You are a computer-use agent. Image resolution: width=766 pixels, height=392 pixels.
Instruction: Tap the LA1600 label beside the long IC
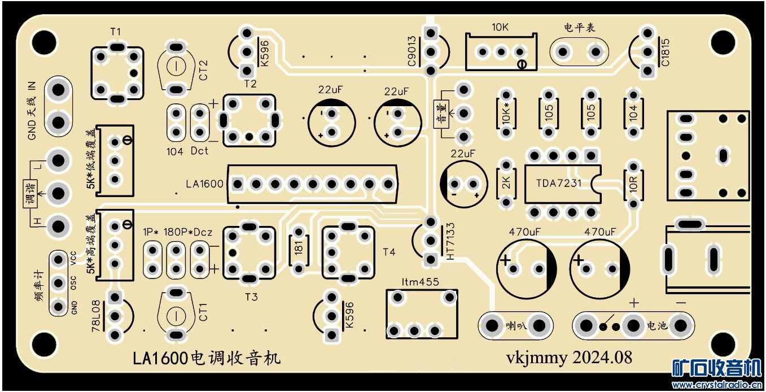click(x=205, y=184)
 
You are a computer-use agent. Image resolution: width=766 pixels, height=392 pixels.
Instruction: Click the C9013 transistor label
click(x=412, y=51)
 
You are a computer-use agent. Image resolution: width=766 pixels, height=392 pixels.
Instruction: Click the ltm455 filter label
click(x=420, y=281)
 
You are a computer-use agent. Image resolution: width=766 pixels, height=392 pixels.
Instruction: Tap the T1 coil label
click(x=116, y=32)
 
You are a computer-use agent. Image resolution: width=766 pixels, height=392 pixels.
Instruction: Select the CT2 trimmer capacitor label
click(x=204, y=71)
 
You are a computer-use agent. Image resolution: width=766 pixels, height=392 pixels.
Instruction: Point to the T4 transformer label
click(x=389, y=252)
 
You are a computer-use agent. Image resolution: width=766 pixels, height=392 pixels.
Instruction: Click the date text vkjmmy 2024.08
click(x=568, y=358)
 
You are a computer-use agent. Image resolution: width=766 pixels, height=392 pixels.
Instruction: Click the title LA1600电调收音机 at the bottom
click(x=206, y=358)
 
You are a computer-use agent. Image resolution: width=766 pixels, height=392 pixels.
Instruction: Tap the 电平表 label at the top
click(x=580, y=28)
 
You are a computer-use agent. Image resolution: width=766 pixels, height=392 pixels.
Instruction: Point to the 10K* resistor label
click(x=506, y=114)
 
